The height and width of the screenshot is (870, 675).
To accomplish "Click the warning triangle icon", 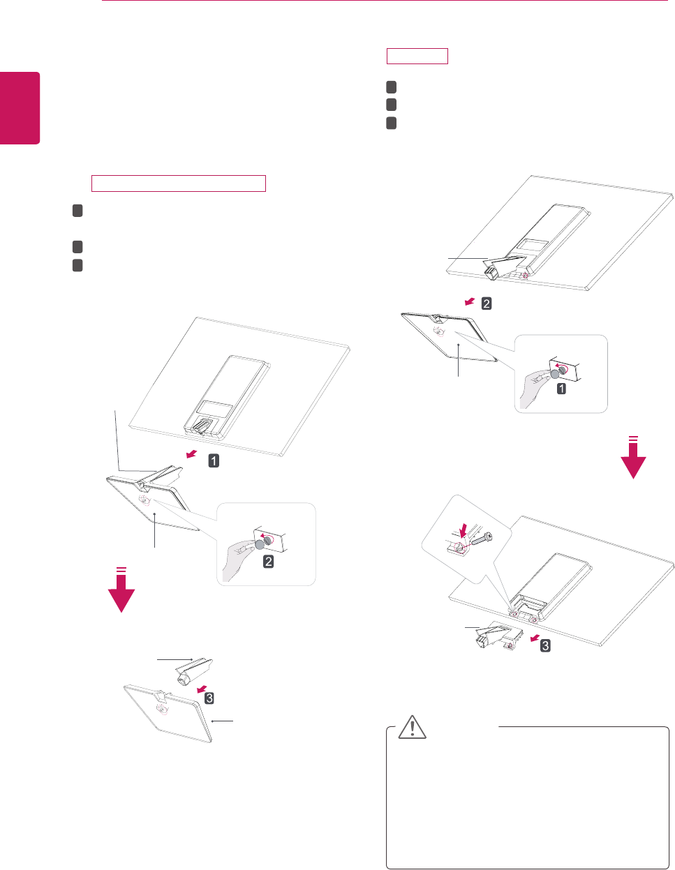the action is [x=413, y=728].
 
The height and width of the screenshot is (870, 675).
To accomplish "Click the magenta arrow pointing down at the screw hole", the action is [x=462, y=531].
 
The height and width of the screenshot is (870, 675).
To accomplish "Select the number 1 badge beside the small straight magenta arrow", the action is [x=214, y=460].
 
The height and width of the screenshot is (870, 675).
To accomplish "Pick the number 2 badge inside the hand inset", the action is [x=268, y=560].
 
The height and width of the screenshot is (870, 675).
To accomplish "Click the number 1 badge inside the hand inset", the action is [x=561, y=388].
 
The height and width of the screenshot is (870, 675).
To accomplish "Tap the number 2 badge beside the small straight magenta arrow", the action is [x=487, y=303].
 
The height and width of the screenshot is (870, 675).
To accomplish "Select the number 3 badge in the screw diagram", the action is [x=545, y=645].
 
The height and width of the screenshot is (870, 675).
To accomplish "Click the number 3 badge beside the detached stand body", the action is [x=209, y=697].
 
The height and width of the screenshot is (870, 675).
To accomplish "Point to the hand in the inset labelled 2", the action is [x=237, y=558].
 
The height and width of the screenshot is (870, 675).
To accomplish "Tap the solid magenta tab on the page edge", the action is [x=20, y=108].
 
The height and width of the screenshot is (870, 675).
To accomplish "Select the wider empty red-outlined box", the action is [x=179, y=183].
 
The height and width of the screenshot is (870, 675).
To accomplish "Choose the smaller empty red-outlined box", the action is [x=417, y=57].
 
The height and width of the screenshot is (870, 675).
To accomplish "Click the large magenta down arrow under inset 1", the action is [x=633, y=460].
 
